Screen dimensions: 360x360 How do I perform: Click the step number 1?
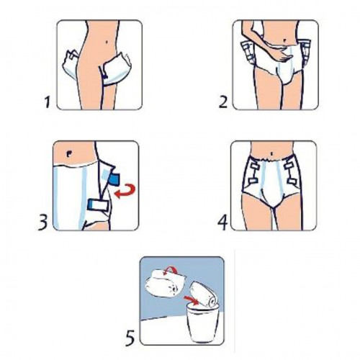pyautogui.click(x=48, y=102)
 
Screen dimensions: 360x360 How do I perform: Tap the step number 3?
pyautogui.click(x=43, y=222)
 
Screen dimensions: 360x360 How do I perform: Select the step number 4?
pyautogui.click(x=222, y=222)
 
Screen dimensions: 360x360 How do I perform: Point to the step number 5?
pyautogui.click(x=130, y=338)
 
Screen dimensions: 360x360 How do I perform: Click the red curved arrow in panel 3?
pyautogui.click(x=125, y=191)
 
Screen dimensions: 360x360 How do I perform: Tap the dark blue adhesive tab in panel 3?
pyautogui.click(x=114, y=178)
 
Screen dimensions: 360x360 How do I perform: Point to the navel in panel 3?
pyautogui.click(x=69, y=154)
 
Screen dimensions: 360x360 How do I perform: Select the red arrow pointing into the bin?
pyautogui.click(x=191, y=300)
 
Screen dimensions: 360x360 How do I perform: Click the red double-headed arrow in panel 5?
pyautogui.click(x=170, y=271)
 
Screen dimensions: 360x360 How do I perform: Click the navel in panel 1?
pyautogui.click(x=107, y=42)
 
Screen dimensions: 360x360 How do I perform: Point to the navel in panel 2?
pyautogui.click(x=284, y=40)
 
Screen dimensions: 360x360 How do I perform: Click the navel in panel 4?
pyautogui.click(x=272, y=153)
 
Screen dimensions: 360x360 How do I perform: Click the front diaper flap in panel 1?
pyautogui.click(x=117, y=69)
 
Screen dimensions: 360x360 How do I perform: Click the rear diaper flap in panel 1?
pyautogui.click(x=71, y=63)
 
